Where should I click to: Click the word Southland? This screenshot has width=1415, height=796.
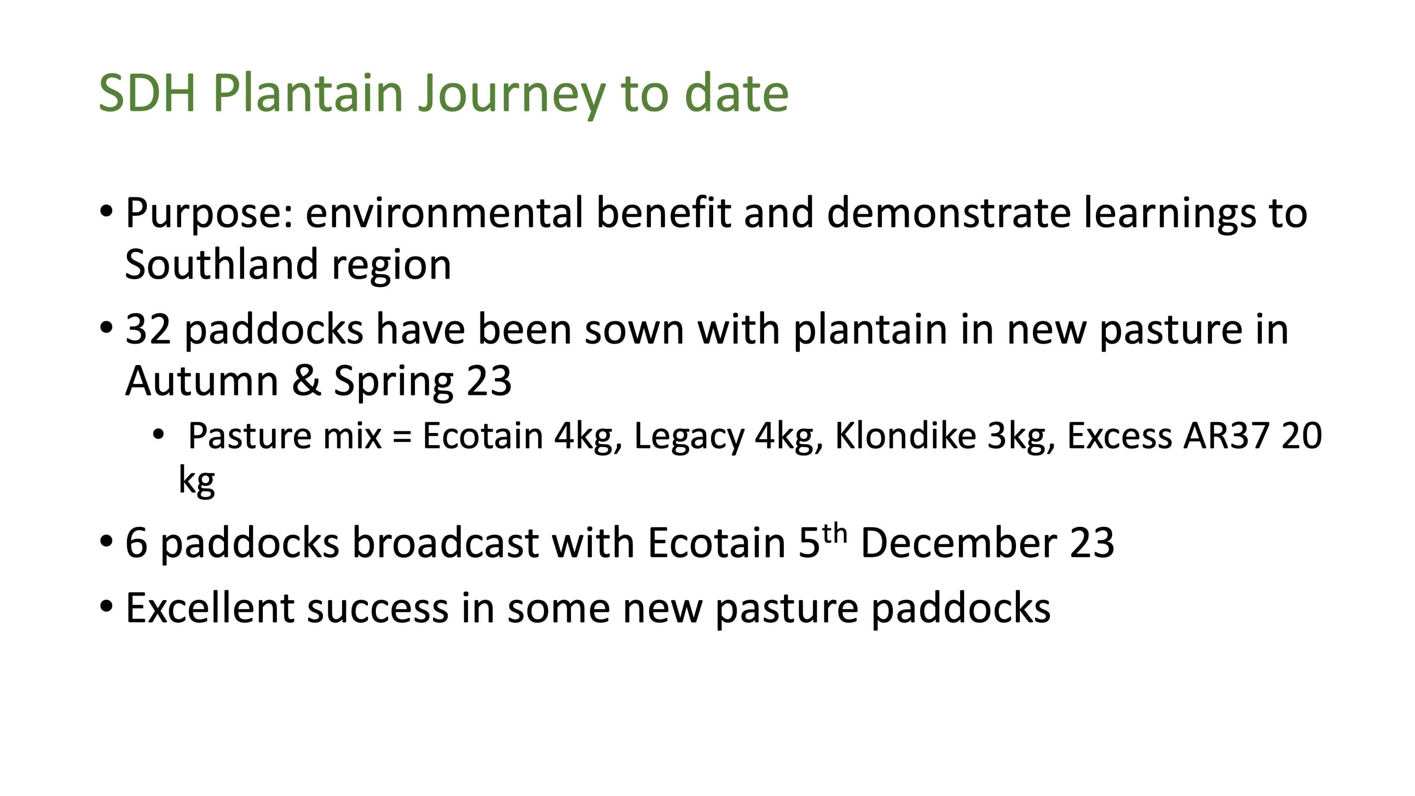(x=222, y=264)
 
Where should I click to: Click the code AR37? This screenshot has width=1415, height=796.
(x=1226, y=436)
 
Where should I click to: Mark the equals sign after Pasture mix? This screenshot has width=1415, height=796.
(x=402, y=438)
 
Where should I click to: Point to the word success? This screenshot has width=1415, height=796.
(x=377, y=611)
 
